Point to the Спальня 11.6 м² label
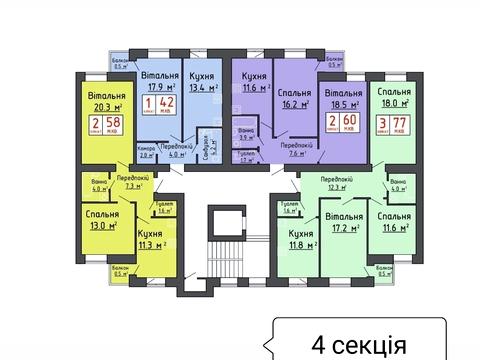(x=395, y=222)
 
